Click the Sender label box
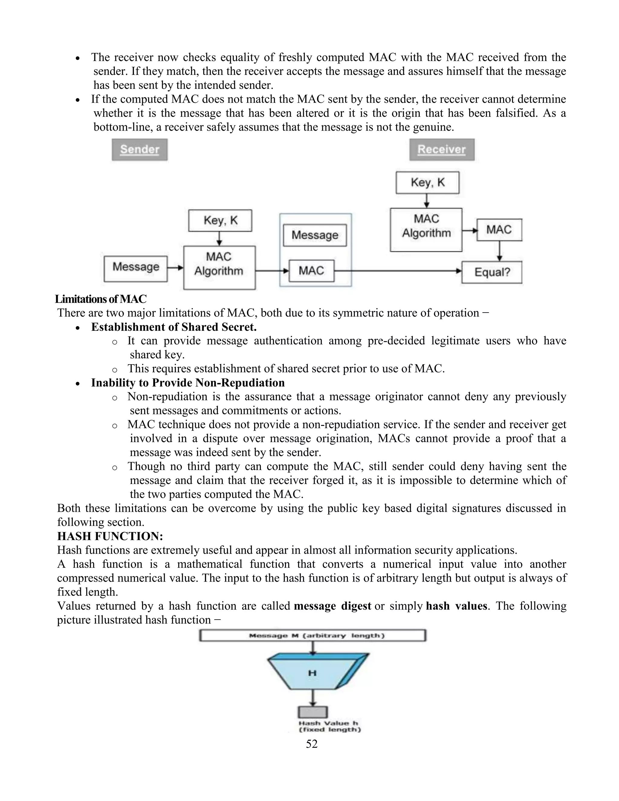click(x=140, y=150)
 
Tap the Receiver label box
click(x=442, y=150)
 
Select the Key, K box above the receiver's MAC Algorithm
click(x=427, y=183)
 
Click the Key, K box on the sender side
click(x=220, y=220)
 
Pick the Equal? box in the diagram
click(x=492, y=272)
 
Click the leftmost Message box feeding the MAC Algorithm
click(x=136, y=269)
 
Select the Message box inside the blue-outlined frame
click(x=315, y=235)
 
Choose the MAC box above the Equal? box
click(x=499, y=230)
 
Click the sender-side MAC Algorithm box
click(x=219, y=268)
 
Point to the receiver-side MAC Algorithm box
click(x=426, y=230)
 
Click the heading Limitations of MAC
click(x=101, y=299)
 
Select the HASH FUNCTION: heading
click(x=110, y=536)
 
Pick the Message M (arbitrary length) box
click(x=313, y=636)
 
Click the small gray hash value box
click(x=313, y=712)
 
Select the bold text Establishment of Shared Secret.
click(x=174, y=327)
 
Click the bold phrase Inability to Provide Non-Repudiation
click(x=188, y=383)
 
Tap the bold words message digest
click(x=332, y=606)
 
